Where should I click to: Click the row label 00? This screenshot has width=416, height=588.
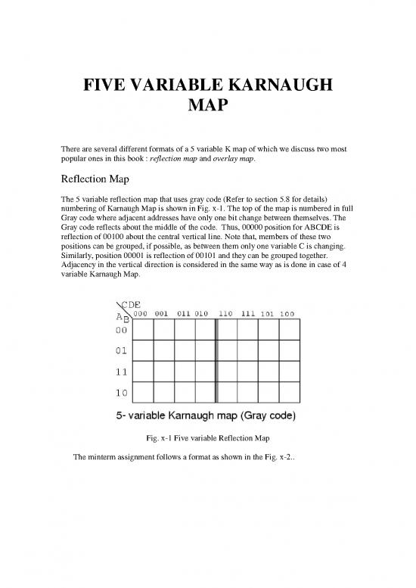121,351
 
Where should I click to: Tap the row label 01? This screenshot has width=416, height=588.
121,372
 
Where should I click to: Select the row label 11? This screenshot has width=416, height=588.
121,393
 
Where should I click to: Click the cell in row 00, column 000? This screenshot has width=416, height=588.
143,351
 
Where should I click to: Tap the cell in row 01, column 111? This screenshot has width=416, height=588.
247,372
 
